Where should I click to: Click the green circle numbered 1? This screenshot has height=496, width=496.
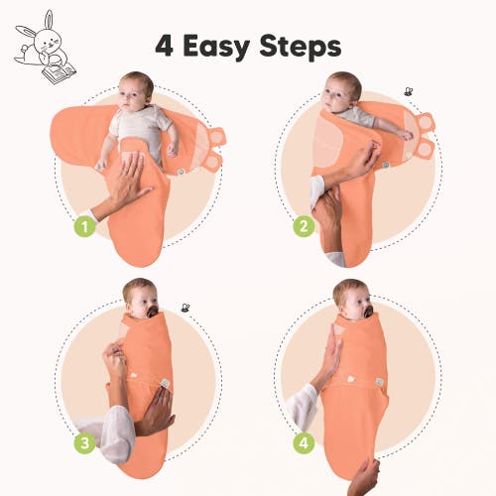pos(84,226)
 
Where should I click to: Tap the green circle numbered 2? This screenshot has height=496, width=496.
pos(304,226)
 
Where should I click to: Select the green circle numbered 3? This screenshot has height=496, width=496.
pos(84,442)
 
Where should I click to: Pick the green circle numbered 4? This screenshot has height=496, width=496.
pos(304,442)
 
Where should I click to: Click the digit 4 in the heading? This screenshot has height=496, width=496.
pos(165,46)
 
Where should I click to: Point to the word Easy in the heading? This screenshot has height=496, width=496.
pos(216,48)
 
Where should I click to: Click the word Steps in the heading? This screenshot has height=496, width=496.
pos(301,48)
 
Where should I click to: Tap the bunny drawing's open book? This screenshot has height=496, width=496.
pos(60,72)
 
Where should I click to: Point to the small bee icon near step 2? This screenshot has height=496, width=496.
pos(409,91)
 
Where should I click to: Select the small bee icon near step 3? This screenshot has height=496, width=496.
pos(186,309)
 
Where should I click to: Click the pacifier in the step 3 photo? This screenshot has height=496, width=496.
pos(153,311)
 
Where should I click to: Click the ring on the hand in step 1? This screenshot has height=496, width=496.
pos(123,171)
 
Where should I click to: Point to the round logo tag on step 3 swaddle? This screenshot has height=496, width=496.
pos(165,383)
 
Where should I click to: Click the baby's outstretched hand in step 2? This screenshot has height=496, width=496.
pos(406,134)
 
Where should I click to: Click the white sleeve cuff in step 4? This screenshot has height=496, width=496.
pos(303,407)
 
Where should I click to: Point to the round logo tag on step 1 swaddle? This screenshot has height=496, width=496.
pos(181,172)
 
